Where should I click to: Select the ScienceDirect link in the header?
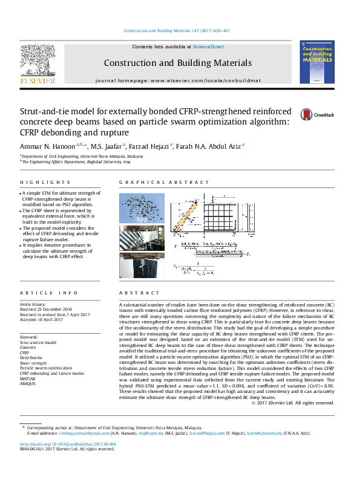click(x=208, y=47)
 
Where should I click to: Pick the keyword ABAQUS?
click(x=28, y=383)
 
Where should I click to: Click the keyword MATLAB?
click(x=28, y=378)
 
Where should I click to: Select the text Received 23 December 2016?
click(x=47, y=310)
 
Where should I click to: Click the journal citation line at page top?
click(x=176, y=31)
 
